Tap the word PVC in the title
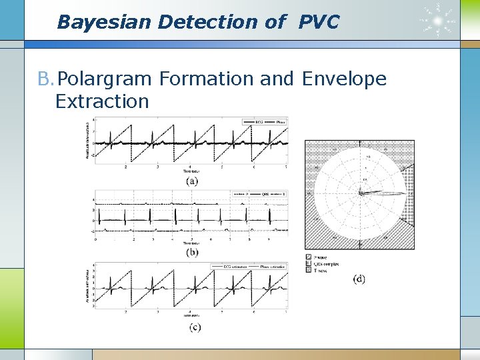coord(319,22)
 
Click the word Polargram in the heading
coord(106,79)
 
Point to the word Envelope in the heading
coord(344,79)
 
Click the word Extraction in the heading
coord(102,101)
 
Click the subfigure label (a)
coord(192,180)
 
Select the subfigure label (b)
coord(192,253)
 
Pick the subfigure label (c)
coord(194,326)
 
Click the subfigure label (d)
coord(359,279)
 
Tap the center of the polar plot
coord(359,194)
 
